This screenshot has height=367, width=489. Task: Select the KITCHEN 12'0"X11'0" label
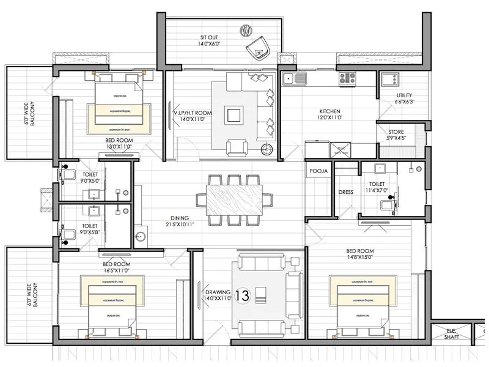tap(330, 115)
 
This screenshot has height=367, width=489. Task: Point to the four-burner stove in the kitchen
tap(348, 78)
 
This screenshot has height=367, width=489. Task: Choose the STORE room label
tap(397, 135)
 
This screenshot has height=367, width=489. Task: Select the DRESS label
tap(346, 192)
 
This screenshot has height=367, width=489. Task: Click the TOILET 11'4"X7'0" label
tap(377, 187)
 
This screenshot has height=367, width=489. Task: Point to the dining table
tap(234, 200)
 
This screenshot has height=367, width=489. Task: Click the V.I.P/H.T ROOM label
tap(192, 117)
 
